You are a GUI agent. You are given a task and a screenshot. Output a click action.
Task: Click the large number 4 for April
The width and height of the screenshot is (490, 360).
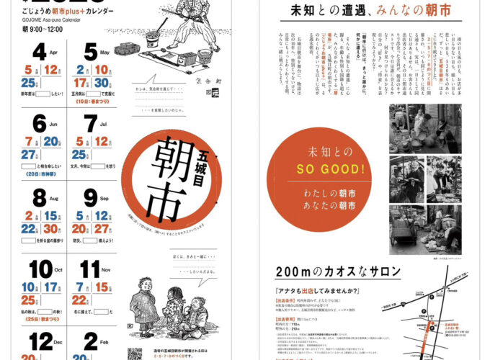[x=39, y=52]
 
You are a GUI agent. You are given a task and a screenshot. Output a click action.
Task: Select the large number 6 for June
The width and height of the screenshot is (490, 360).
[x=39, y=123]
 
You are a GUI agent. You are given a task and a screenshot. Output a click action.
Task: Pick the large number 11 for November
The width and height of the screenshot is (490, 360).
[x=90, y=269]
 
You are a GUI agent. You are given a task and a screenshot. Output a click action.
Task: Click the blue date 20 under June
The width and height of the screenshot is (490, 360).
[x=51, y=141]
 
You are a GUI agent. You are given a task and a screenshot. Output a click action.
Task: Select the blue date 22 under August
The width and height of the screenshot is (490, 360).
[x=29, y=228]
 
